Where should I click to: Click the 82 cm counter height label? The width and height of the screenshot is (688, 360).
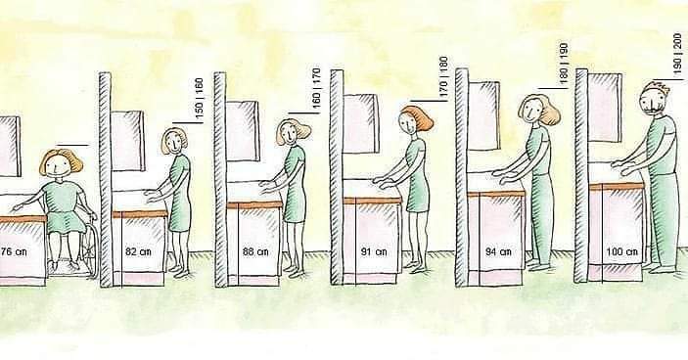(138, 251)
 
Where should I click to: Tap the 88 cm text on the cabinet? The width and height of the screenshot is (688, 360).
(255, 251)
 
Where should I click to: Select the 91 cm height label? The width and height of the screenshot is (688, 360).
(374, 251)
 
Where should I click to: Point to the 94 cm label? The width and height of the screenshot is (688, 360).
(498, 251)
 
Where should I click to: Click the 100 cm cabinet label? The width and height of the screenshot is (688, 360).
(621, 251)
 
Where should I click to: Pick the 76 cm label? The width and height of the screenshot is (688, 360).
(13, 251)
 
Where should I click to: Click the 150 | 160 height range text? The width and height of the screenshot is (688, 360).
(199, 98)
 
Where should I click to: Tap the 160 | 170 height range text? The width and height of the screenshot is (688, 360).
(316, 88)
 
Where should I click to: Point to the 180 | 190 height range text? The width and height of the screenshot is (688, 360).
(564, 63)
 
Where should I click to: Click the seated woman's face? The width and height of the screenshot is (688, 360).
(59, 165)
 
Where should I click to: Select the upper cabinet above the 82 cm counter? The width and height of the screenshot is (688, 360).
(127, 141)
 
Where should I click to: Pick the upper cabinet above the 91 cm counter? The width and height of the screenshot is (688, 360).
(361, 123)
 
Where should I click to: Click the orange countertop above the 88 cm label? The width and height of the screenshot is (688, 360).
(254, 204)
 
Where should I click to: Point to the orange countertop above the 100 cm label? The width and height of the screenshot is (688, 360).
(617, 187)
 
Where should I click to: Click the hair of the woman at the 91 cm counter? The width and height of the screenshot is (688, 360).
(419, 116)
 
